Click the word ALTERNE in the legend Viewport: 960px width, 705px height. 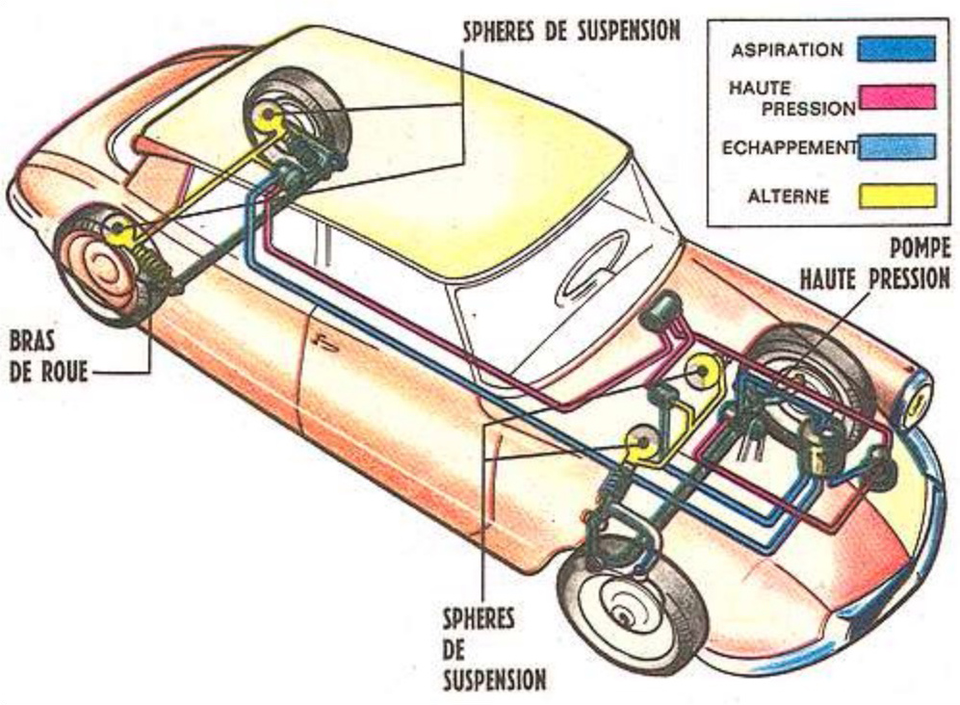pos(788,196)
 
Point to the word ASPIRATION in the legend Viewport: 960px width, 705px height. pos(787,49)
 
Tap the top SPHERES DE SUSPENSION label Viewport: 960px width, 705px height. pos(571,30)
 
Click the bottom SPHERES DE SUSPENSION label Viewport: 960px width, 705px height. pos(494,648)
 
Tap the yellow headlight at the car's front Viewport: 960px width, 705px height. pos(918,395)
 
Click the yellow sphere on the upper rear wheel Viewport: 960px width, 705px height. pos(269,118)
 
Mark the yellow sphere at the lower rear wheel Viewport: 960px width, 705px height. pos(119,229)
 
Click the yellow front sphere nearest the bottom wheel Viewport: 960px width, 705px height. pos(639,442)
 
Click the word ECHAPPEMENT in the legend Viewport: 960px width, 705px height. pos(789,147)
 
